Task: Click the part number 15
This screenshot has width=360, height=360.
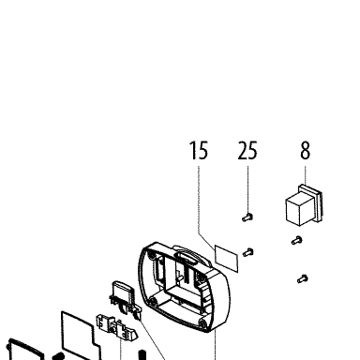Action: click(x=199, y=150)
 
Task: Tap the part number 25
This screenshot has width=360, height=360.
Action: click(x=247, y=150)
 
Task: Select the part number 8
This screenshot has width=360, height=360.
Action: click(x=306, y=150)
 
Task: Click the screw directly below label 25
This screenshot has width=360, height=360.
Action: click(x=247, y=217)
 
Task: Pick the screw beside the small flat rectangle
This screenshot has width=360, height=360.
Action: click(x=247, y=252)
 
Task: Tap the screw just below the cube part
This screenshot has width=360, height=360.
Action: click(x=297, y=240)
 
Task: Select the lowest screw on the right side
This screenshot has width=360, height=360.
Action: click(x=303, y=278)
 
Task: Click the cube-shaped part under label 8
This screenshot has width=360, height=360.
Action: click(x=299, y=208)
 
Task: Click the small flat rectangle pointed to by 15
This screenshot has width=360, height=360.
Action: click(x=227, y=259)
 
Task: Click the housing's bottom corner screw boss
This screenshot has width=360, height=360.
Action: click(x=202, y=323)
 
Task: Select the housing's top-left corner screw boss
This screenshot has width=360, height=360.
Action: click(x=151, y=256)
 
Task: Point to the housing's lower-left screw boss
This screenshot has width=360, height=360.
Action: click(x=153, y=302)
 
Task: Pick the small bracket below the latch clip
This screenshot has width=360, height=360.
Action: click(x=116, y=327)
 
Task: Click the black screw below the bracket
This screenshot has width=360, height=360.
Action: click(x=142, y=355)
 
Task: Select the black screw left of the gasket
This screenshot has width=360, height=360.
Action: click(x=58, y=356)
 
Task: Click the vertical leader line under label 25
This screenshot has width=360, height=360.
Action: click(x=248, y=189)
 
